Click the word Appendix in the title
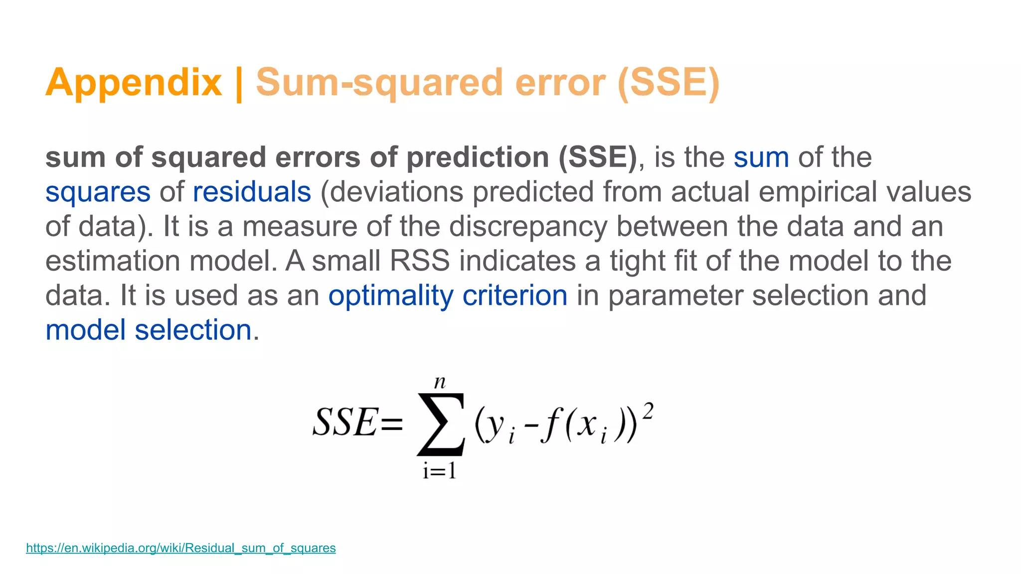click(x=133, y=83)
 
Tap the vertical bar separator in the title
click(x=239, y=84)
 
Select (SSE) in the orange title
click(x=669, y=83)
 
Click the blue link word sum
click(x=761, y=157)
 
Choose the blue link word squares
click(x=98, y=192)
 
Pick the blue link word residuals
click(x=252, y=192)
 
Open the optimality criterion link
click(x=448, y=295)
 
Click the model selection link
click(x=149, y=330)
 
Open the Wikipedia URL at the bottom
click(x=180, y=548)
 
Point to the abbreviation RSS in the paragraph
click(x=420, y=261)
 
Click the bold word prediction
click(x=478, y=157)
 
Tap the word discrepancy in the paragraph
click(x=528, y=227)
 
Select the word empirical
click(x=813, y=192)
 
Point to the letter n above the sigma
click(x=440, y=382)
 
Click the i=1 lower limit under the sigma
click(x=439, y=470)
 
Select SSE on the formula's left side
click(x=345, y=423)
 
